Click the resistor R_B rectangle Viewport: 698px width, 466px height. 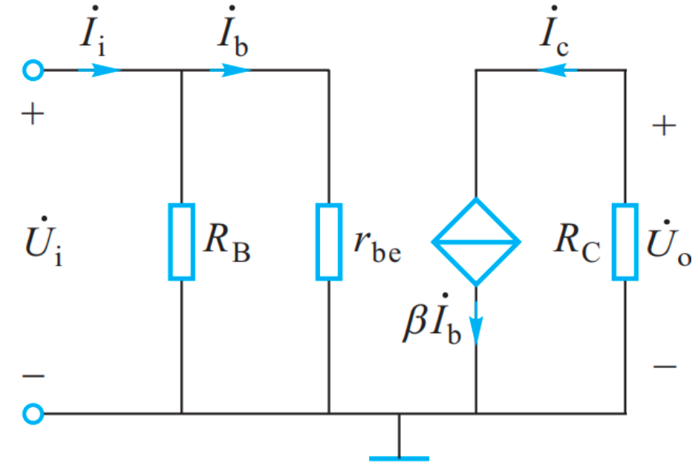point(181,242)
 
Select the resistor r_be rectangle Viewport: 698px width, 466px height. point(329,242)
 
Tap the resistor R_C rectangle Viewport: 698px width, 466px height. point(624,242)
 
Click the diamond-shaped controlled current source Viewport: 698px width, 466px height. point(476,242)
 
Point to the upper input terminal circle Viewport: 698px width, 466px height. point(33,70)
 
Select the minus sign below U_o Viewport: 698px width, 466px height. point(665,366)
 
